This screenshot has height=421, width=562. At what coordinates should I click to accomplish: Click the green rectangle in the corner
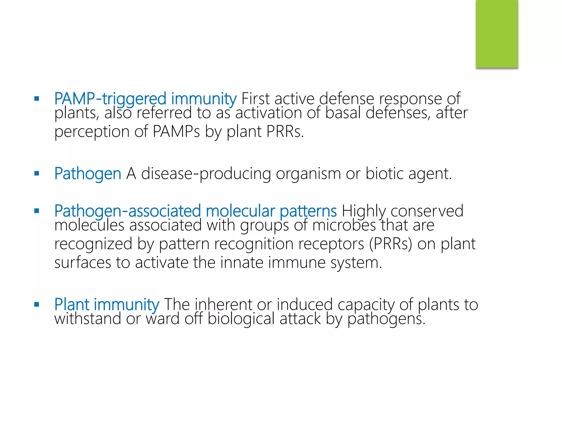pos(497,34)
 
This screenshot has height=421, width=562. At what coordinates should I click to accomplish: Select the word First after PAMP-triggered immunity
pos(255,99)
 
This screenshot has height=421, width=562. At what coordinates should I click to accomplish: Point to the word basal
pos(343,113)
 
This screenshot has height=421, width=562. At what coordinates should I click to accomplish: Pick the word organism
pos(308,174)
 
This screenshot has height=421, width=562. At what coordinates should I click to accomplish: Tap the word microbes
pos(344,226)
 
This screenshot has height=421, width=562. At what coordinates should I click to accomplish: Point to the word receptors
pos(331,244)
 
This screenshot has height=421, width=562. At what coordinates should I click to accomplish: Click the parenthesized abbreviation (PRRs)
pos(390,244)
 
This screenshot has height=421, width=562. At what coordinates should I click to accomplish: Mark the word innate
pos(241,263)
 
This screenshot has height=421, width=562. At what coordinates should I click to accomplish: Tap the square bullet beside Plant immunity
pos(37,304)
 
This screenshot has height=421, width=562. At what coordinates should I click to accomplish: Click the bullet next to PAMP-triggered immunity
pos(37,99)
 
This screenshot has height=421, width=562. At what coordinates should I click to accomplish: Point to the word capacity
pos(366,305)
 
